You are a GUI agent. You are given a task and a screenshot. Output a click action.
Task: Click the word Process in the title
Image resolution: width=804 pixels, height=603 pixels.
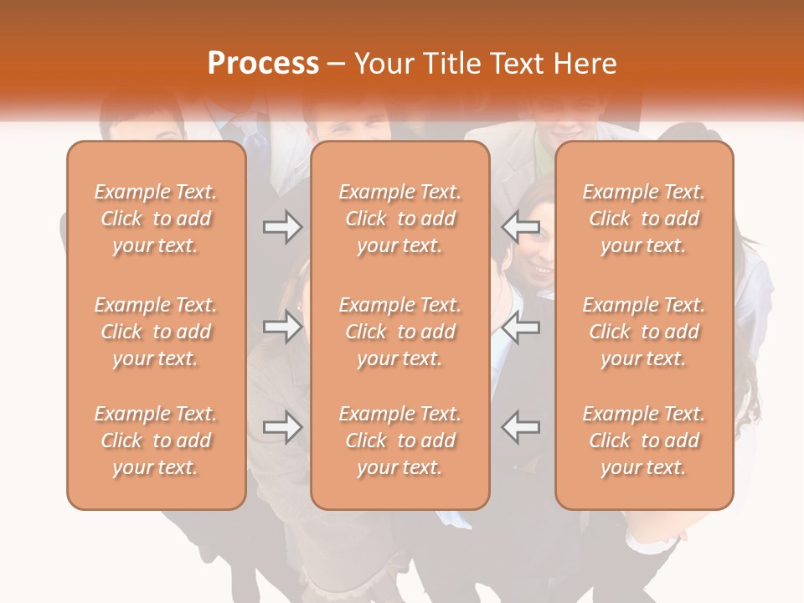(263, 64)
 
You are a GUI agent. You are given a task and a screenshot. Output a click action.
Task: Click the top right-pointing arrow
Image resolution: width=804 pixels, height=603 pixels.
(282, 227)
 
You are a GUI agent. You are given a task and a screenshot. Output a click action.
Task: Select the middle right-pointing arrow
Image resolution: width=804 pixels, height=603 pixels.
(282, 327)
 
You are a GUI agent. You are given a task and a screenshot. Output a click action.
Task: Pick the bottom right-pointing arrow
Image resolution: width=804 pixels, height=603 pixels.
(282, 427)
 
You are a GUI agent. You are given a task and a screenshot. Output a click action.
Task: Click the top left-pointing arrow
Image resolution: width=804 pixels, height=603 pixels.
(521, 227)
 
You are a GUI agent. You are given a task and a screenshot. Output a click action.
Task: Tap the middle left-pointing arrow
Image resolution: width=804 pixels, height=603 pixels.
(521, 327)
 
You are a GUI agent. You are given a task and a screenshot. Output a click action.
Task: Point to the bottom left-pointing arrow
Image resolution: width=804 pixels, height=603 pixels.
(521, 427)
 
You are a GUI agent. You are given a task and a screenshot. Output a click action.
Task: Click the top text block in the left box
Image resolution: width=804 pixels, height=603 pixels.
(156, 219)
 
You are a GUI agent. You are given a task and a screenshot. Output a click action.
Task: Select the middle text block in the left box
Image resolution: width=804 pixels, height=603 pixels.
(156, 332)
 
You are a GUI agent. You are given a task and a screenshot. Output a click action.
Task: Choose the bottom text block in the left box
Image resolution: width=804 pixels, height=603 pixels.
(156, 441)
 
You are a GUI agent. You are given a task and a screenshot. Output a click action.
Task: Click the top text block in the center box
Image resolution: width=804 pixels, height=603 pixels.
(399, 219)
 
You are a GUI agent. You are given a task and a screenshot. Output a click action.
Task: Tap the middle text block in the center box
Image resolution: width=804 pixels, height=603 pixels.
(399, 332)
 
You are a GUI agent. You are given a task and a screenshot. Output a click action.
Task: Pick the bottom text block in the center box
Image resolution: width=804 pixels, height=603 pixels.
(399, 441)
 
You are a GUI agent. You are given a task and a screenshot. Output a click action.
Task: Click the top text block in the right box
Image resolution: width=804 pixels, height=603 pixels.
(643, 219)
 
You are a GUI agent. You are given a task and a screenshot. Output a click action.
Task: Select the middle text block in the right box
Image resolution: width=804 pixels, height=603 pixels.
(643, 332)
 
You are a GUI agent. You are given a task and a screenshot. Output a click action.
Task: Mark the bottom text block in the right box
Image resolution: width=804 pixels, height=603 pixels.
(643, 441)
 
